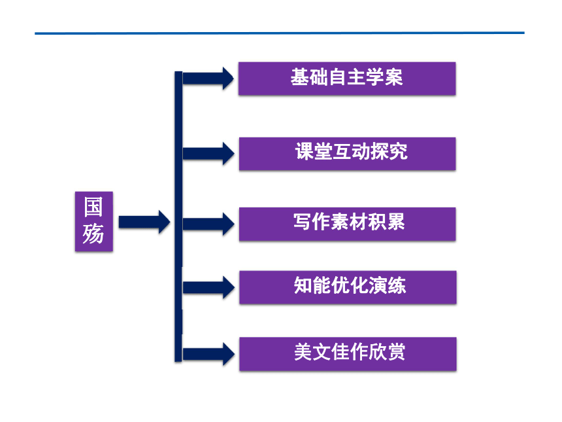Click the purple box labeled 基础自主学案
point(347,79)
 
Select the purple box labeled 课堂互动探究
point(347,154)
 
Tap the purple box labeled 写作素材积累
point(347,224)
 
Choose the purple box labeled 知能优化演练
point(348,287)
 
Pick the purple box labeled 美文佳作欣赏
point(348,354)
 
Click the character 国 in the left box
point(93,207)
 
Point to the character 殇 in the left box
point(93,234)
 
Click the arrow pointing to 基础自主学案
point(208,79)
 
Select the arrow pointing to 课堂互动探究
point(208,154)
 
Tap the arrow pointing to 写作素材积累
point(208,224)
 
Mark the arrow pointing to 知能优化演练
point(208,287)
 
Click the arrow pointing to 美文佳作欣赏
point(208,354)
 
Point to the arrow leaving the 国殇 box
point(144,222)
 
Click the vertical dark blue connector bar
point(178,217)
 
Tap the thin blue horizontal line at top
point(280,33)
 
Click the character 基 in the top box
point(300,77)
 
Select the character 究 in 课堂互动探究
point(398,151)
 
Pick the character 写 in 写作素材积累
point(303,221)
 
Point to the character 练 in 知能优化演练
point(397,285)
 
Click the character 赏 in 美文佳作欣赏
point(396,352)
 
